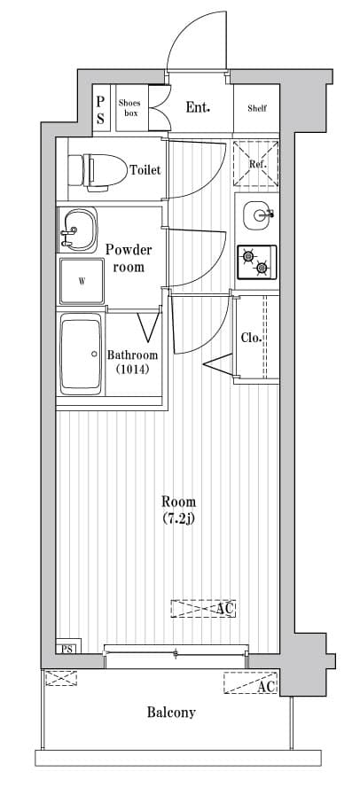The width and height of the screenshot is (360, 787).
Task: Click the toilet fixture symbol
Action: (x=98, y=172)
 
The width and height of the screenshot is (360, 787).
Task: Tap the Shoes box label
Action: (x=129, y=108)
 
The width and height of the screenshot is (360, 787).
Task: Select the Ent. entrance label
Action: (x=198, y=107)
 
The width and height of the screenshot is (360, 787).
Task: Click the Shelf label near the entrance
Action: (x=257, y=108)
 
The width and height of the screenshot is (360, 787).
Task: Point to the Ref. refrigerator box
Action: (x=256, y=164)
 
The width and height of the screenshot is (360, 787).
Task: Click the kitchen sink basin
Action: (x=259, y=215)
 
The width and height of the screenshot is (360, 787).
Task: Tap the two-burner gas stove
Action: (x=256, y=262)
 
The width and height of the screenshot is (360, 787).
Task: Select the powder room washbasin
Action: (x=77, y=230)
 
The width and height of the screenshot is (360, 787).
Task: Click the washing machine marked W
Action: (x=82, y=281)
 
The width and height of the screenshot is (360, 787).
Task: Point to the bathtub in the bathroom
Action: (x=81, y=354)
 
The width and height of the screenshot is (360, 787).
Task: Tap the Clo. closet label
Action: (x=251, y=338)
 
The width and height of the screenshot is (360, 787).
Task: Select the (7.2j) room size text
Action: (x=179, y=518)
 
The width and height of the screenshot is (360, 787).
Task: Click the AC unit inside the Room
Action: (x=203, y=608)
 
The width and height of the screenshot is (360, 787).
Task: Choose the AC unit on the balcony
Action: (x=251, y=682)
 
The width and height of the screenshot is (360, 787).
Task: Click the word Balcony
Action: (x=171, y=713)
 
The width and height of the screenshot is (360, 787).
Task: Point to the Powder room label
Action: (x=129, y=258)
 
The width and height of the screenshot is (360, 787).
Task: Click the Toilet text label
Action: (x=145, y=170)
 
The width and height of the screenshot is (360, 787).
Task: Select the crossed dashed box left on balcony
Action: (x=61, y=678)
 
